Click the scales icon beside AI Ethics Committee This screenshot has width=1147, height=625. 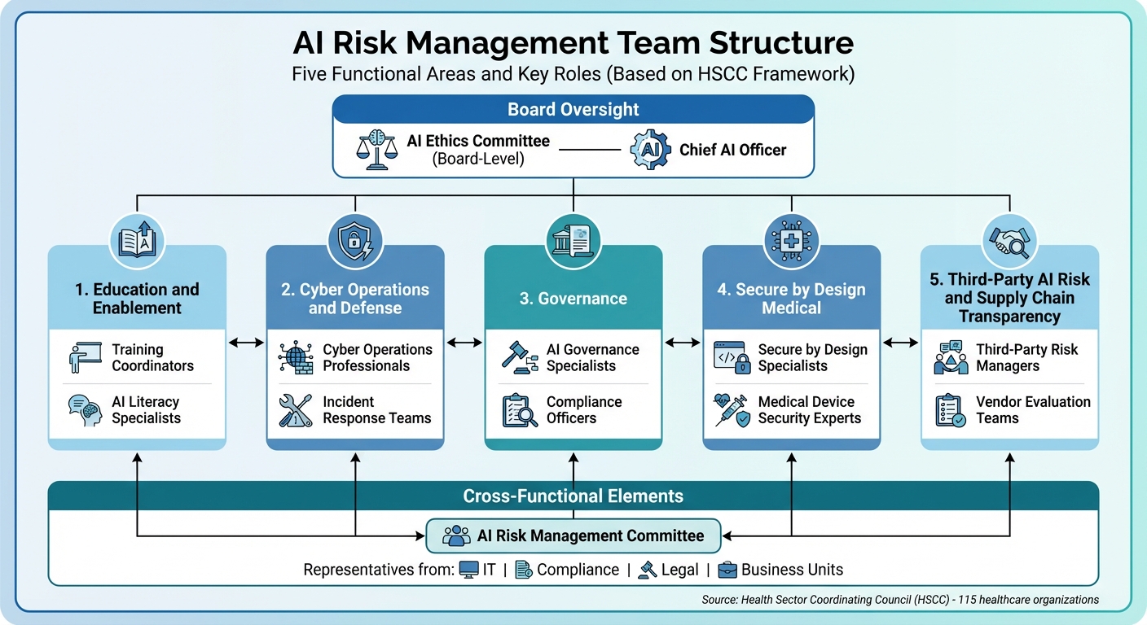point(376,150)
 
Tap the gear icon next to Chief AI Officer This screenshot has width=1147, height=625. point(651,150)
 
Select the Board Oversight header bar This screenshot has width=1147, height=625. point(573,110)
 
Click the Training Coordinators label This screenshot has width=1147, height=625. point(153,357)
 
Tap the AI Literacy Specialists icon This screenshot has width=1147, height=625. point(86,410)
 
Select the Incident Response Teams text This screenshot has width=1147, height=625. point(377,409)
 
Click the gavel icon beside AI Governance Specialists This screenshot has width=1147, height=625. point(519,357)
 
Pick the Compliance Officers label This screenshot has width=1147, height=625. point(584,409)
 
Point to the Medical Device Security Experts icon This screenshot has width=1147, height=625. point(732,410)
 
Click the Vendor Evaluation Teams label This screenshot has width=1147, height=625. point(1033,409)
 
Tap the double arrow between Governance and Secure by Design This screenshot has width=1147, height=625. point(683,343)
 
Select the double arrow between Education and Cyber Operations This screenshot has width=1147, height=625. point(246,343)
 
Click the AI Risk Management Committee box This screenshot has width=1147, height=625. point(573,535)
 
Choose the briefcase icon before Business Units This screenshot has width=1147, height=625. point(727,570)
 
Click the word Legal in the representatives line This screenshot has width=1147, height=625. point(679,570)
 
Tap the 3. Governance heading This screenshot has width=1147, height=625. point(573,299)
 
